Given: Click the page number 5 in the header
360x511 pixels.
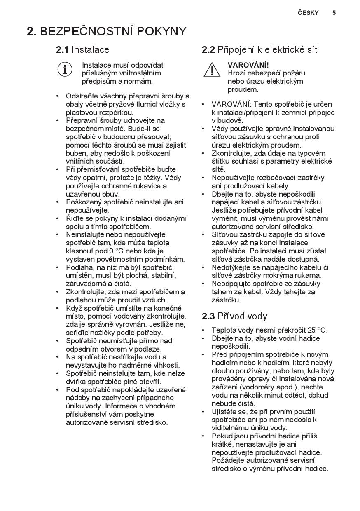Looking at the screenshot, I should [x=334, y=13].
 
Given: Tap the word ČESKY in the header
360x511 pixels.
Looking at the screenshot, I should [x=308, y=13].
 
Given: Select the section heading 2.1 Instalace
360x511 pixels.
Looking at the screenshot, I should [x=82, y=50].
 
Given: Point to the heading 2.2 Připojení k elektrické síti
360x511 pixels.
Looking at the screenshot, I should [x=260, y=50].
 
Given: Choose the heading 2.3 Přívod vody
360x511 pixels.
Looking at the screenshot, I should [x=234, y=316].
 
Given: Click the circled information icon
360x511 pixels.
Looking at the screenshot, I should [x=65, y=69].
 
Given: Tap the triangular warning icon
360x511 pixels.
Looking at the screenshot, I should [x=212, y=69].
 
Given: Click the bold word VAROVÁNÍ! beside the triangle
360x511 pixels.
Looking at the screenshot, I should [x=248, y=65].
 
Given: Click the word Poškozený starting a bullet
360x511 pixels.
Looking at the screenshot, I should [x=84, y=202].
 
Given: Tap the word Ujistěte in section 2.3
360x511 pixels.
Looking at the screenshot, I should [x=226, y=412].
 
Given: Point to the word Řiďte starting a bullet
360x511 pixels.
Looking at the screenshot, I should [x=75, y=218].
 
